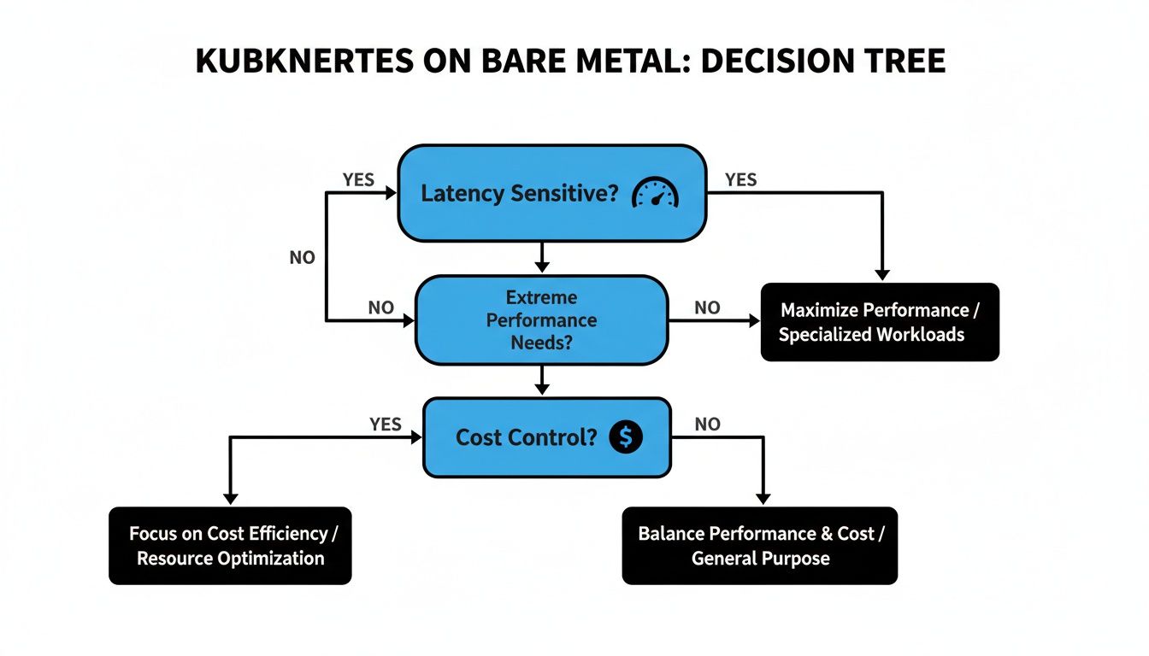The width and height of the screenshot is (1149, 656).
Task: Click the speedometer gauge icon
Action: coord(654,194)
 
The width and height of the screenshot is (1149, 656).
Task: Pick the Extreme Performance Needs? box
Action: coord(540,320)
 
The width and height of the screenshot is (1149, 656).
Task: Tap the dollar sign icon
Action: coord(626,437)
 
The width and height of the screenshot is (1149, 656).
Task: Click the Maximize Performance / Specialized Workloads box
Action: coord(879,322)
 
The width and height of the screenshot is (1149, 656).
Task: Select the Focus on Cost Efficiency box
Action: coord(230,545)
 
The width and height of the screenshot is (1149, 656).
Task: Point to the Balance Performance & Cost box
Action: coord(759,545)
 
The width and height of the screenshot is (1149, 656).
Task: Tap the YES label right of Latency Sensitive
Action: coord(740,179)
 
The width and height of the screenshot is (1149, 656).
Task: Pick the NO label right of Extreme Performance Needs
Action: coord(707,308)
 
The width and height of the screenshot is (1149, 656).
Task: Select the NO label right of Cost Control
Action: coord(707,425)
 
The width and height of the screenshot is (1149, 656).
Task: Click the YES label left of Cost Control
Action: coord(386,425)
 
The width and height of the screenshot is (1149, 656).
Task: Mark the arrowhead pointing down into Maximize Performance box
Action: coord(882,274)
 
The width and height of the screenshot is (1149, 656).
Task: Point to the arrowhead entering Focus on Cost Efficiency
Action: coord(229,498)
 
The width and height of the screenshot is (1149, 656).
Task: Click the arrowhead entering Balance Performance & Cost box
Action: coord(763,498)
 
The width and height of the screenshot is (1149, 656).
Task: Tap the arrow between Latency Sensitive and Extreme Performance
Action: coord(541,256)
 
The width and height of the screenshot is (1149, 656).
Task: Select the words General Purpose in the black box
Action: coord(760,559)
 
